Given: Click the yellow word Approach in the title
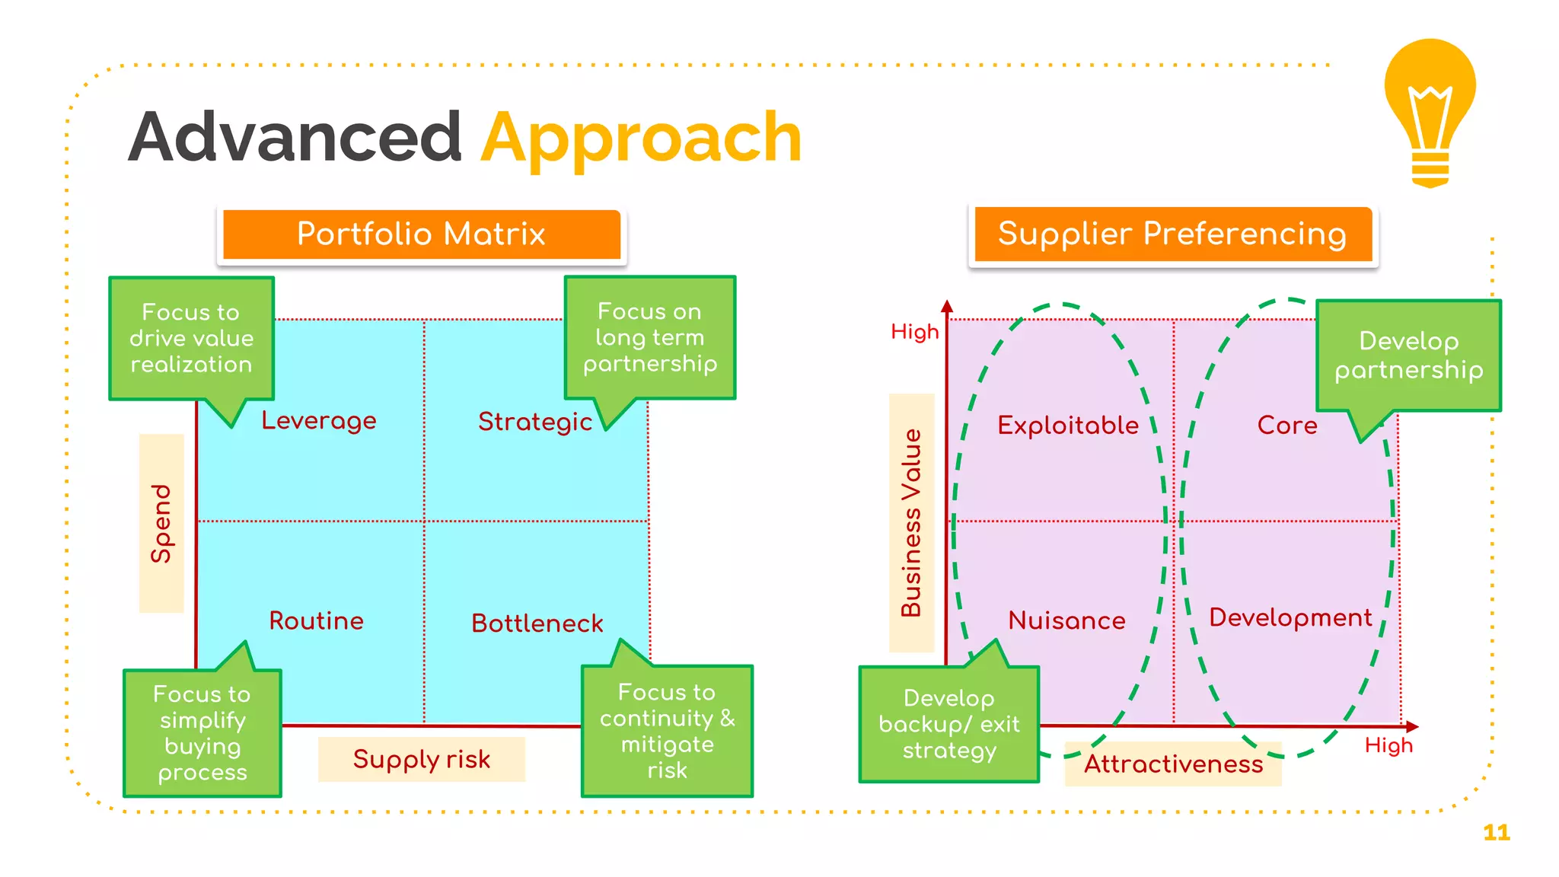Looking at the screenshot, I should [x=641, y=139].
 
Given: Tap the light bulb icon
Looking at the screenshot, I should [x=1430, y=112].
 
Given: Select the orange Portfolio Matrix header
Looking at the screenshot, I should [x=421, y=234].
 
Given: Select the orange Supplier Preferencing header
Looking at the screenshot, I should [x=1172, y=234].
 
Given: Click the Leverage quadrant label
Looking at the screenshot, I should [x=319, y=420].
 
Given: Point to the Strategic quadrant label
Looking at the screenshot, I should [x=534, y=422].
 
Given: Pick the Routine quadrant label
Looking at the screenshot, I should [x=316, y=620].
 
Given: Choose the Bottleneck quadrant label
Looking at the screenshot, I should [x=537, y=623].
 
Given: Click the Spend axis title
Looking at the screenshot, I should [x=161, y=523].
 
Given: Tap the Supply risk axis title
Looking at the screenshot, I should [x=421, y=759].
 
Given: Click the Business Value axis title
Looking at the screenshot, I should [x=911, y=523].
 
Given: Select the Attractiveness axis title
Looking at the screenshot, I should [x=1173, y=764].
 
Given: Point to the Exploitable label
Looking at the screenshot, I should [x=1068, y=425].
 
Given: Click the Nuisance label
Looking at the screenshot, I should [x=1066, y=620].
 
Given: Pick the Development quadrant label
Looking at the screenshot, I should [x=1290, y=617].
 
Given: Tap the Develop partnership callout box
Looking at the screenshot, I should [x=1408, y=356].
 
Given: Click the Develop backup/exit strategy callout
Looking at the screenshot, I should [x=948, y=724].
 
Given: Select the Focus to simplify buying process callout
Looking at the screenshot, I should [x=202, y=733].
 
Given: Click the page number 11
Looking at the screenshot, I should [x=1496, y=832].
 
